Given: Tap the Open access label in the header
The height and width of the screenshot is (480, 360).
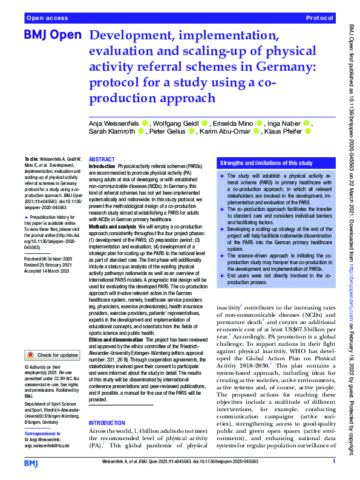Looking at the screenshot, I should tap(46, 19).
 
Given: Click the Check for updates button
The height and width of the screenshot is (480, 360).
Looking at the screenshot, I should tap(54, 354).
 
